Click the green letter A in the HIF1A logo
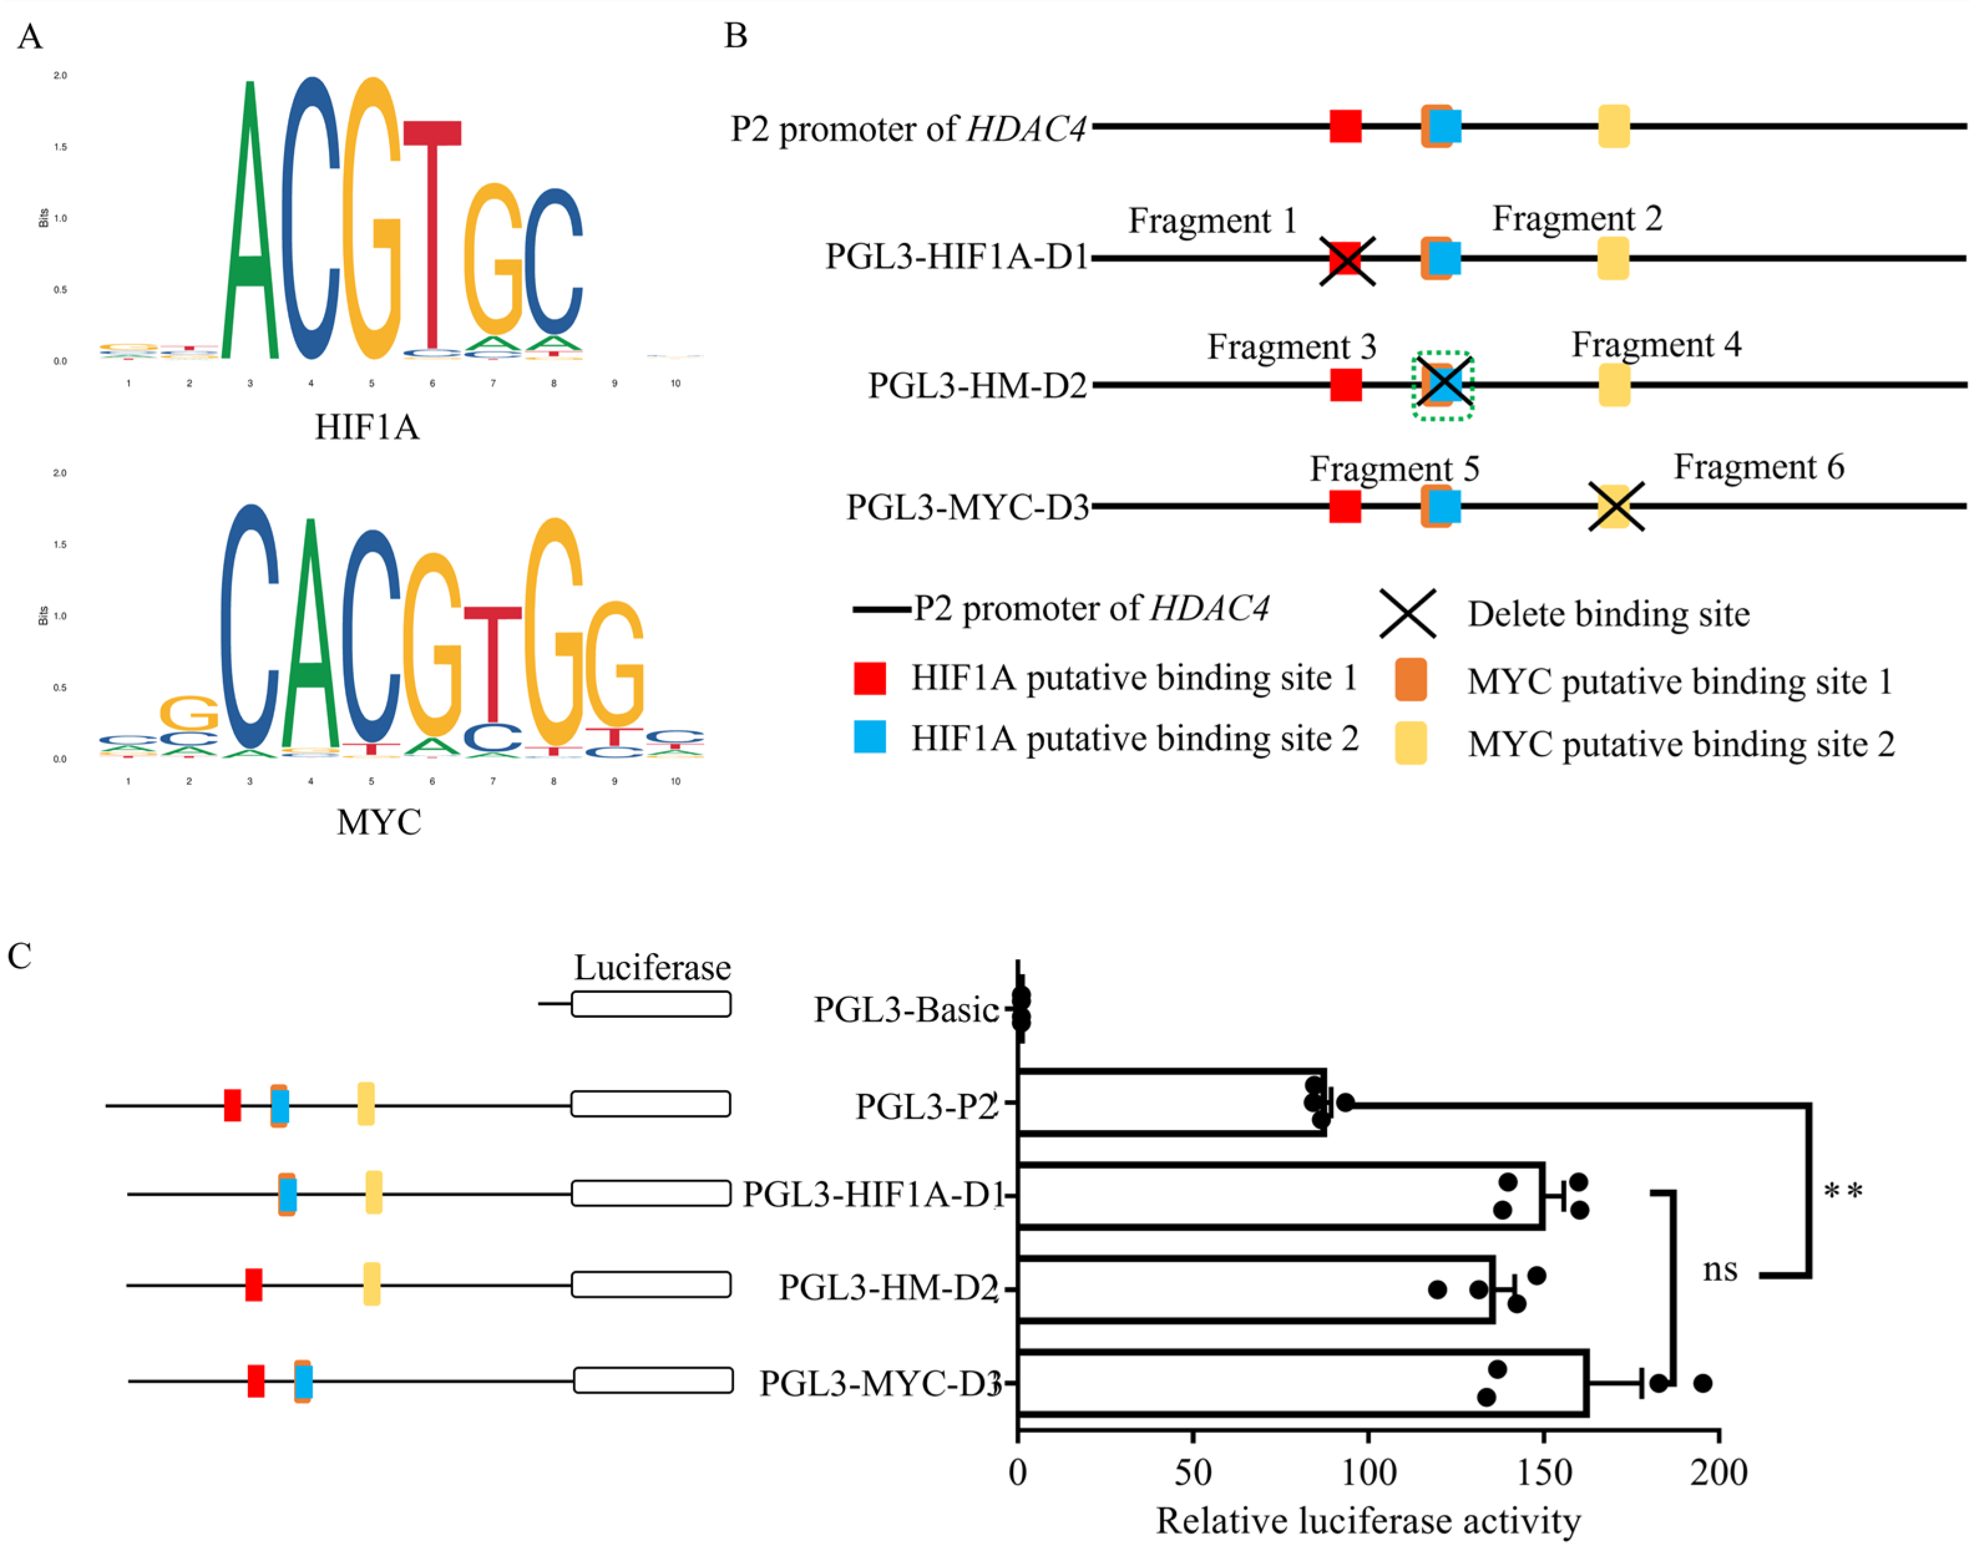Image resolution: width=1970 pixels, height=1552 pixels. [250, 236]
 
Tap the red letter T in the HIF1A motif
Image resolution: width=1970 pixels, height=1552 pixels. [432, 227]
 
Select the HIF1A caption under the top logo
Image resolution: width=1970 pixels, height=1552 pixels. [367, 427]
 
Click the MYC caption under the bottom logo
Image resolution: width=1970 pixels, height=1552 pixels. [379, 822]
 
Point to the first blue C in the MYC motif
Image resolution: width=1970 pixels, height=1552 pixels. [249, 627]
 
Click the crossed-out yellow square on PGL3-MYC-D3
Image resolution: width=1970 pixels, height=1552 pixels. [1615, 506]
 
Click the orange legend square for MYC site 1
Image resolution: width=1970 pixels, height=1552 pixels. [1411, 679]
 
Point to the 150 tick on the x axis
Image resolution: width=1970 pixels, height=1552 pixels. [1543, 1472]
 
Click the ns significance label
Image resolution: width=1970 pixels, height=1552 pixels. [1720, 1270]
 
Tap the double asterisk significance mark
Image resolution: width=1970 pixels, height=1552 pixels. [1843, 1191]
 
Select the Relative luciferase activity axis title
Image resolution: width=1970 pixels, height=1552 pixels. [1368, 1521]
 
